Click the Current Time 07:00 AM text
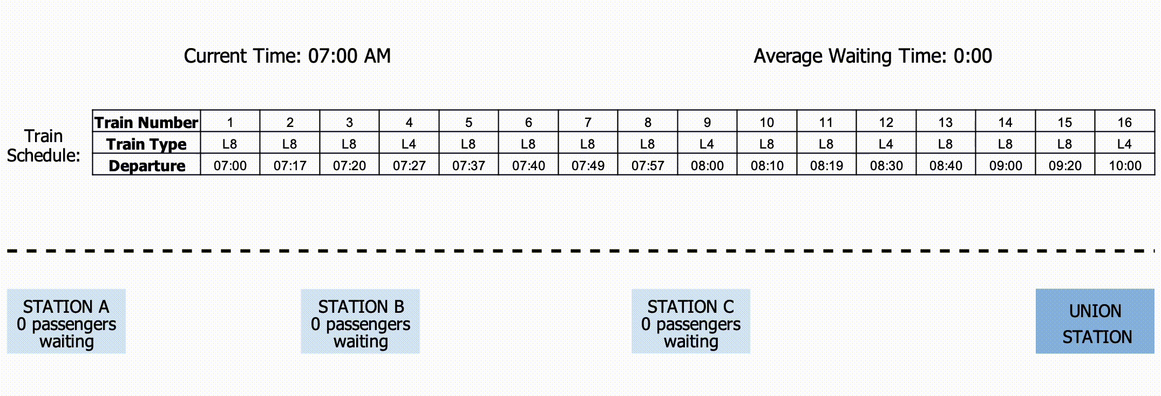[x=287, y=56]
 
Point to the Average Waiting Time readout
[x=872, y=56]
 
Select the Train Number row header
[x=146, y=122]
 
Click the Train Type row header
[x=146, y=144]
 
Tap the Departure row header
[x=146, y=166]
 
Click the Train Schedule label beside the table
[x=43, y=146]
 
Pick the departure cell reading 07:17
[x=290, y=166]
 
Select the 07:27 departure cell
[x=409, y=166]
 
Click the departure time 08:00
[x=707, y=166]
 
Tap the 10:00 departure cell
[x=1125, y=166]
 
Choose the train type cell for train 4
[x=409, y=144]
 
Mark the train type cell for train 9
[x=707, y=144]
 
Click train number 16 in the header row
[x=1124, y=123]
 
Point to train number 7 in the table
[x=588, y=123]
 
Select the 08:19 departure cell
[x=826, y=166]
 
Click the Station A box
[x=66, y=321]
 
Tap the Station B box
[x=360, y=321]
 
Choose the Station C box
[x=691, y=321]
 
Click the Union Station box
[x=1095, y=321]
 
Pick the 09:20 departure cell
[x=1065, y=166]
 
